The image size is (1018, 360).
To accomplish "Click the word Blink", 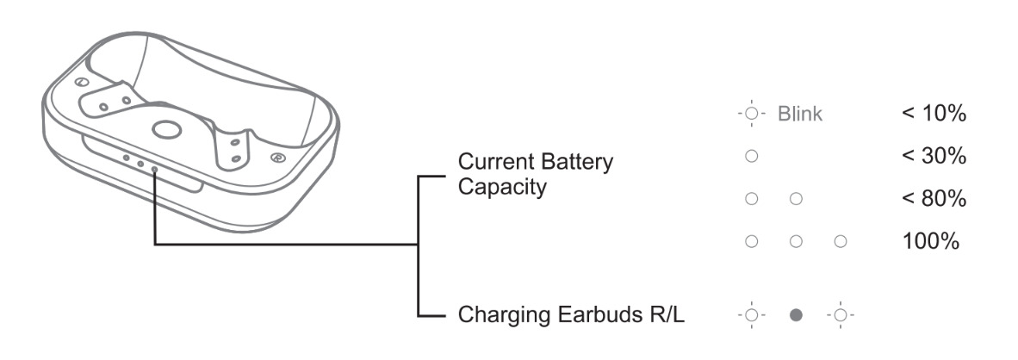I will point(800,115).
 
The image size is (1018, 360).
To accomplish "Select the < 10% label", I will point(933,115).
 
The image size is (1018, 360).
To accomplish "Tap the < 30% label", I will point(933,157).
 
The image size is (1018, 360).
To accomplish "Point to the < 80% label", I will point(933,199).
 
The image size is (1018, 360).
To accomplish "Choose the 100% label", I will point(930,241).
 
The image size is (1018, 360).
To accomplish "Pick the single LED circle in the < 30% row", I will point(751,157).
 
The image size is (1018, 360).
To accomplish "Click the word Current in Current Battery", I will point(490,161).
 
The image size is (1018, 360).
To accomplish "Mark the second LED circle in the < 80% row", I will point(796,200).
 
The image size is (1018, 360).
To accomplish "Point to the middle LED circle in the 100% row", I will point(796,242).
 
